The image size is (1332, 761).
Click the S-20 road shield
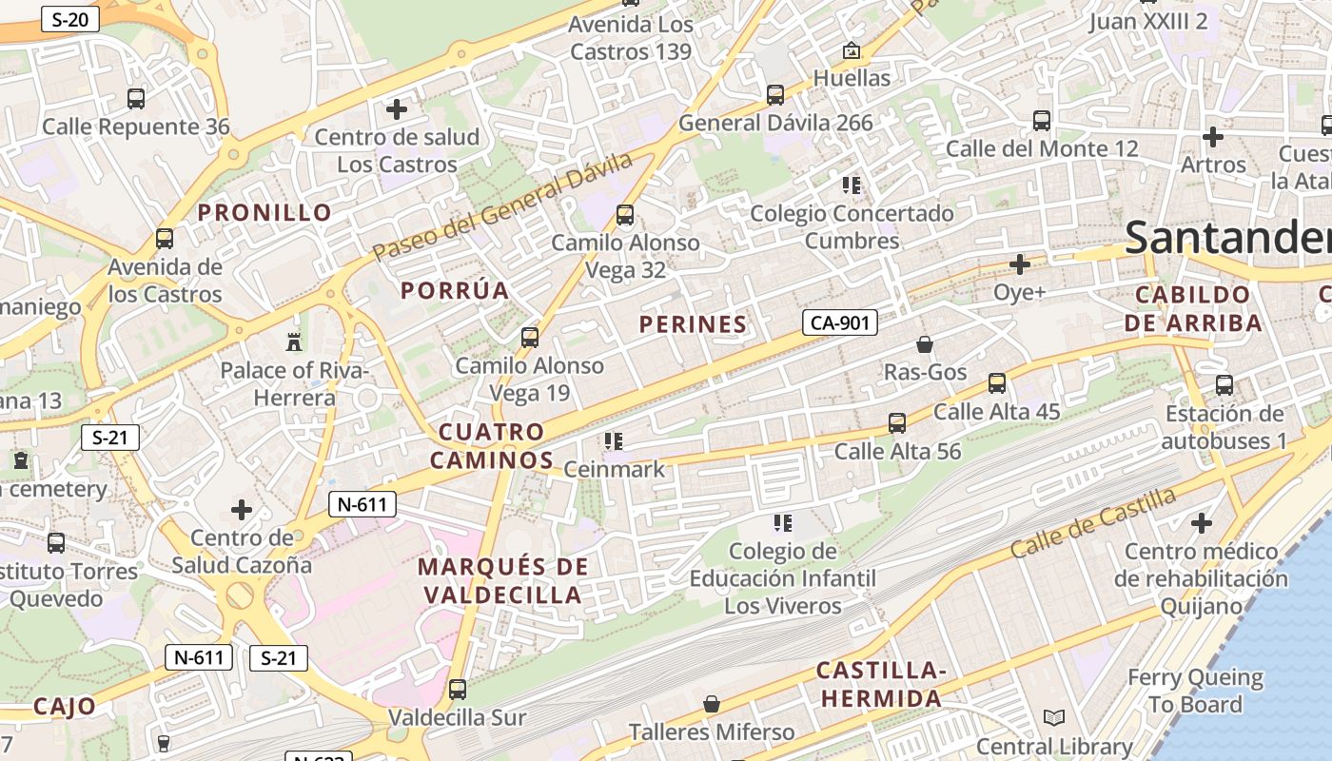tap(69, 19)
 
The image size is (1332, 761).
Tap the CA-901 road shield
tap(838, 323)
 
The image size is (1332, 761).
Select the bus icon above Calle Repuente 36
tap(136, 98)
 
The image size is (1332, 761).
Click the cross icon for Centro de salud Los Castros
tap(397, 109)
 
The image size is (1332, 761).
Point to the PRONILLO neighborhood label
tap(264, 212)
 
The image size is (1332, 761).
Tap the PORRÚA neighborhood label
tap(455, 290)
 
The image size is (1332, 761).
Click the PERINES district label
tap(693, 324)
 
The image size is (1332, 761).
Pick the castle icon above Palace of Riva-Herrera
tap(293, 341)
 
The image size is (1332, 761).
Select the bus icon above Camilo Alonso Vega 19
tap(530, 338)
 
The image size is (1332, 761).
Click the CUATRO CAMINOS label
tap(491, 446)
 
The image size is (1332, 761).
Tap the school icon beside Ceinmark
tap(614, 441)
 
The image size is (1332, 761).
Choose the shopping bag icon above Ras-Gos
tap(924, 344)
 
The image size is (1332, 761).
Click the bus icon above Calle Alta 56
tap(897, 423)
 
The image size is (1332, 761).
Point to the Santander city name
tap(1227, 238)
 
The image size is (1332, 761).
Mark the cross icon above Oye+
tap(1020, 263)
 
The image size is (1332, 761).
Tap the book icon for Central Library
tap(1053, 718)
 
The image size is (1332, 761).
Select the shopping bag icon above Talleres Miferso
tap(711, 704)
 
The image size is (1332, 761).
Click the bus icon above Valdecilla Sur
tap(458, 690)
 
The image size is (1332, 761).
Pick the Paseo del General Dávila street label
tap(502, 206)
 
